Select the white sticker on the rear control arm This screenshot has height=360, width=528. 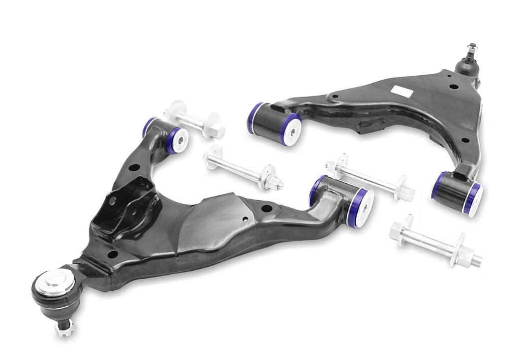click(402, 91)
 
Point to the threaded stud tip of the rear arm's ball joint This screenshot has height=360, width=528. click(472, 48)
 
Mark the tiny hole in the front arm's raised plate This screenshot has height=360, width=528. click(244, 218)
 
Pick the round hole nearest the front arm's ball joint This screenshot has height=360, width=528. click(113, 254)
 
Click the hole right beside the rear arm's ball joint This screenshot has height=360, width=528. click(452, 86)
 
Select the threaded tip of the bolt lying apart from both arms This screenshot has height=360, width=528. click(477, 259)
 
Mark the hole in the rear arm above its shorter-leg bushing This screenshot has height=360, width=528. click(464, 140)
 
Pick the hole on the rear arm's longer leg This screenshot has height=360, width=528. click(335, 97)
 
